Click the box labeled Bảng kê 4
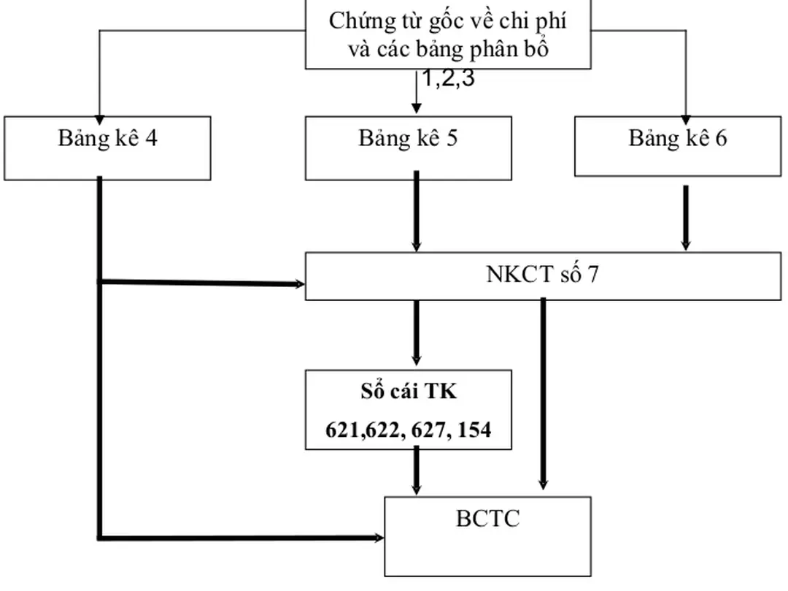point(107,147)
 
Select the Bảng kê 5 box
point(408,147)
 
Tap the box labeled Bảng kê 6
point(677,145)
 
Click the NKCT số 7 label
point(543,275)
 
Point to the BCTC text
point(487,519)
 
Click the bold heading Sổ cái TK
point(408,392)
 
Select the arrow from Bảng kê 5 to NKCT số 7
point(416,212)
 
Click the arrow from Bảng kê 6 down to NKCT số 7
point(685,217)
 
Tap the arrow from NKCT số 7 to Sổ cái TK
point(416,332)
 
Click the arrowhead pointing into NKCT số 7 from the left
point(299,284)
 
